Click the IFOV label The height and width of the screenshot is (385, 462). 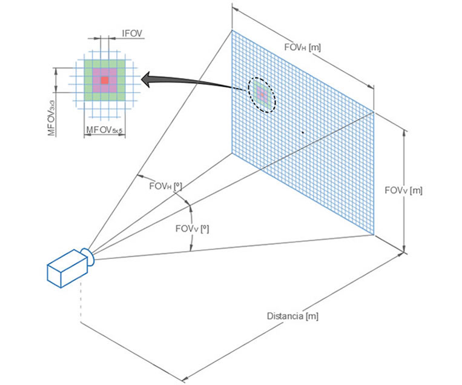coord(132,34)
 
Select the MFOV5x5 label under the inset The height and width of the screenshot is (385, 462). coord(104,130)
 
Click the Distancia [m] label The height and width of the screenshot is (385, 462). coord(292,316)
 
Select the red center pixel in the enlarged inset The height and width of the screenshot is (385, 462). coord(104,80)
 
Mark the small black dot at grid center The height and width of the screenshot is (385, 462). coord(303,132)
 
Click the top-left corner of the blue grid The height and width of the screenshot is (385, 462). coord(232,30)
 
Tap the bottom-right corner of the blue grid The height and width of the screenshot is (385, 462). coord(374,234)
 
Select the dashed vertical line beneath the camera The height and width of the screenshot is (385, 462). coord(80,303)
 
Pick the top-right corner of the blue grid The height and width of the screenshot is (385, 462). coord(374,112)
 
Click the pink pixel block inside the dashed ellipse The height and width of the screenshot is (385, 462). coord(262,95)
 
